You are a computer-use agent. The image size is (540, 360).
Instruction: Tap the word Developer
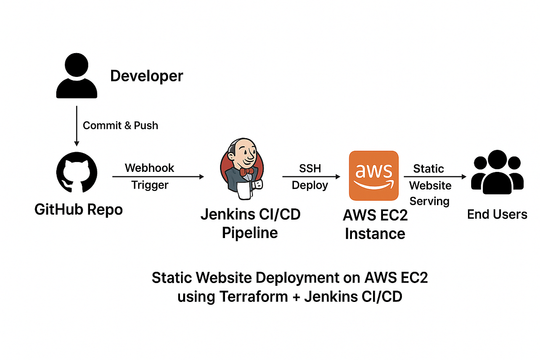tap(147, 76)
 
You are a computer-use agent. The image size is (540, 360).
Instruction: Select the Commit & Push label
tap(121, 125)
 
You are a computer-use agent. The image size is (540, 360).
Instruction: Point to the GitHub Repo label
tap(78, 209)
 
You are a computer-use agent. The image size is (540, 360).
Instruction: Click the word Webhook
tap(149, 168)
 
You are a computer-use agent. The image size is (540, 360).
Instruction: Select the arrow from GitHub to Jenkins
tap(157, 177)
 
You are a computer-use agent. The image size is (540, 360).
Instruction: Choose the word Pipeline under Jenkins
tap(250, 233)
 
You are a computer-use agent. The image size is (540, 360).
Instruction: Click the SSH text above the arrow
tap(310, 168)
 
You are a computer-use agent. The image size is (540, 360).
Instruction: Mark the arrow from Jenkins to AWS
tap(310, 177)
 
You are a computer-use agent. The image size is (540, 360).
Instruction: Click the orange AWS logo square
tap(374, 175)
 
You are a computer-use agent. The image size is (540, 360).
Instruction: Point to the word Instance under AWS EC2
tap(375, 234)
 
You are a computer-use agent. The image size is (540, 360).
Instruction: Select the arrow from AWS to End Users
tap(434, 177)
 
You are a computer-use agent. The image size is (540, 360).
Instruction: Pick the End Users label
tap(497, 214)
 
